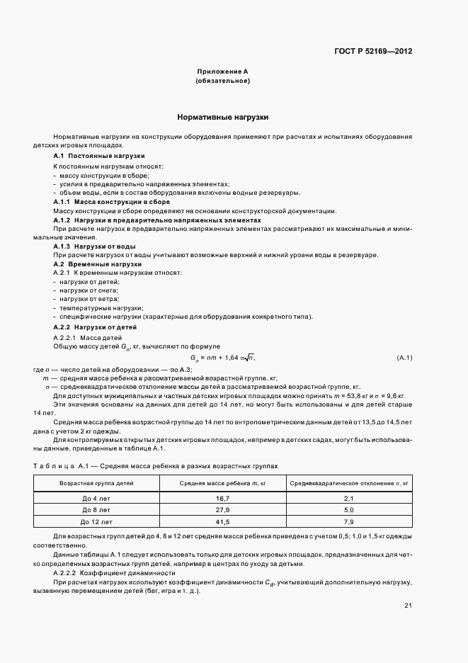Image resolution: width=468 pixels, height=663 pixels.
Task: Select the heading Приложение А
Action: tap(222, 72)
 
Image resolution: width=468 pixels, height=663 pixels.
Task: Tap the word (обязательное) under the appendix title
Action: tap(222, 81)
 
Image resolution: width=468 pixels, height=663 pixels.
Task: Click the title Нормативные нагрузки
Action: tap(222, 117)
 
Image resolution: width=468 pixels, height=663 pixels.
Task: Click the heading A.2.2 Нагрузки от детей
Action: tap(96, 327)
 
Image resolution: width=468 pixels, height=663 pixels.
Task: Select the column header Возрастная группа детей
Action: tap(96, 482)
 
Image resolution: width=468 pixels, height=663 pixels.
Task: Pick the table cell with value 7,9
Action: tap(348, 521)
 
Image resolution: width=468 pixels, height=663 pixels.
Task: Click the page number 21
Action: tap(408, 605)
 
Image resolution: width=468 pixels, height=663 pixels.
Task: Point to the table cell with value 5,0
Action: tap(348, 510)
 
